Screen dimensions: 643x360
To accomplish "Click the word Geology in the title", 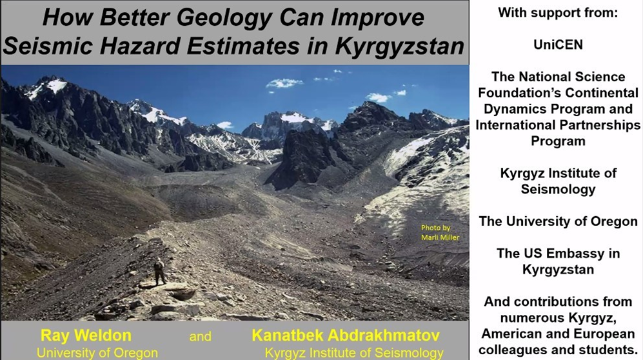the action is [x=224, y=18].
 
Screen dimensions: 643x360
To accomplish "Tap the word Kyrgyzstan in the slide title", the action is [x=399, y=46].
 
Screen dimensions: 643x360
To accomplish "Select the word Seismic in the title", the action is [x=50, y=46].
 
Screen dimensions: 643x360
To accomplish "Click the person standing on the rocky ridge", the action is [x=159, y=272].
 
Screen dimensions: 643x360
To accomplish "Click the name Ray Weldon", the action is [x=86, y=335].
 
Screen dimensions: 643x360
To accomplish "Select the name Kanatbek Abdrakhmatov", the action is [x=346, y=335].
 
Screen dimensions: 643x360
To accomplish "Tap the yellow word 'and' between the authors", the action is [x=200, y=337].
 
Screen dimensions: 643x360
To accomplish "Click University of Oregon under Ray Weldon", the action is [x=97, y=353].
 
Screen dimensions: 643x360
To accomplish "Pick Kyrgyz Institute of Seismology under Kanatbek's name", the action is [x=354, y=353].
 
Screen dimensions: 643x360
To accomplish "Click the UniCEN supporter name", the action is [x=558, y=45].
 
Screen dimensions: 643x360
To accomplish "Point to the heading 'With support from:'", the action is [x=558, y=13].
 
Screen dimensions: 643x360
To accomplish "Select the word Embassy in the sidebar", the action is [x=577, y=254].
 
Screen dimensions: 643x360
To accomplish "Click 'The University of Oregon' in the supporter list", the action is [x=558, y=221].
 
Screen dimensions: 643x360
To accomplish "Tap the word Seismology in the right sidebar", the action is [x=558, y=190].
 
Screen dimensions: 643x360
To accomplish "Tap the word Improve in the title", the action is [x=377, y=18].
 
